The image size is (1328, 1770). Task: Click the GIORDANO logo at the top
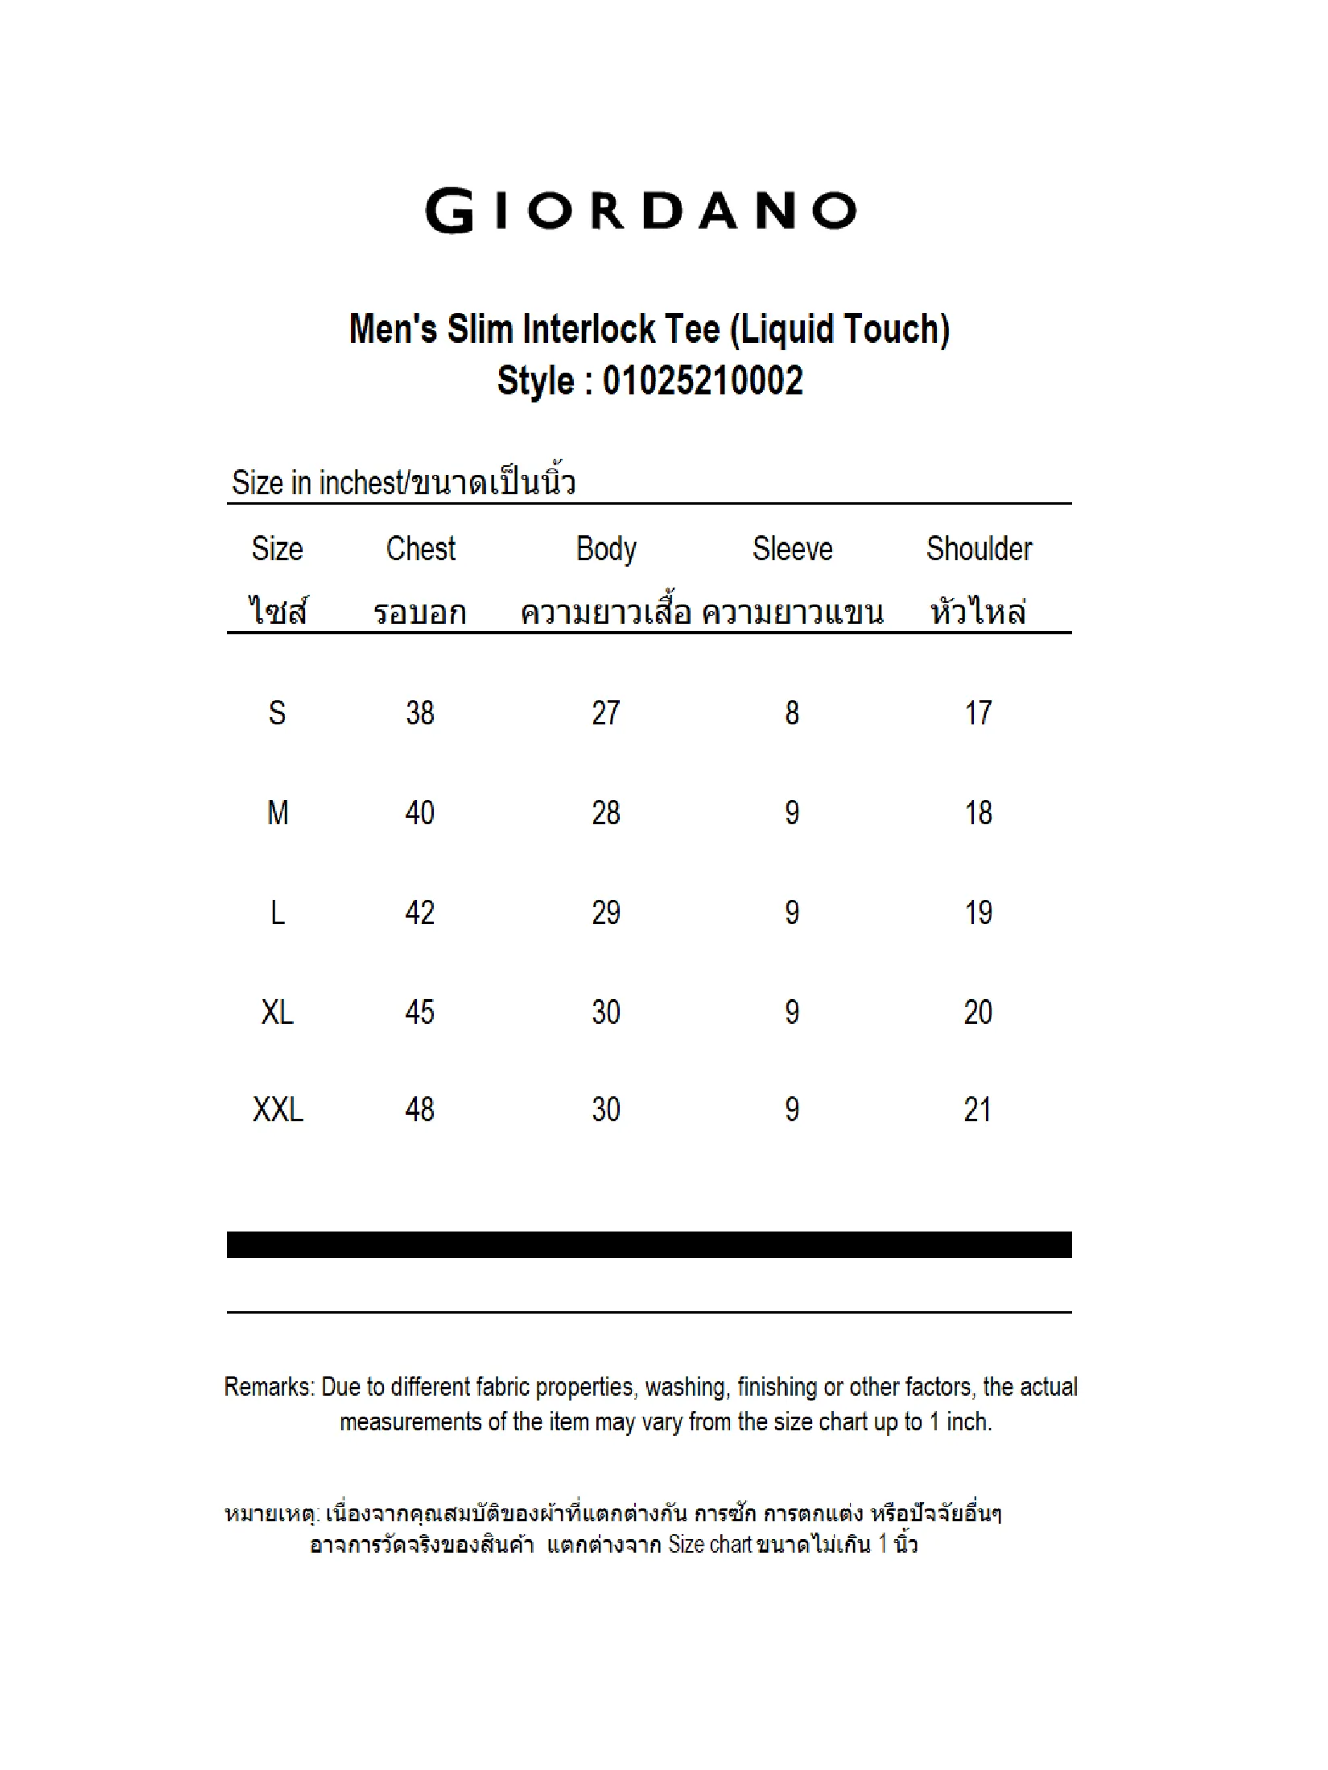[641, 211]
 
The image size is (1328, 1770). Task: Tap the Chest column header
[420, 549]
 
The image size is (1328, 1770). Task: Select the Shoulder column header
[979, 549]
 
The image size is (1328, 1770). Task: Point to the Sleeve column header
[792, 549]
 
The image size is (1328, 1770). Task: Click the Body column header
[606, 550]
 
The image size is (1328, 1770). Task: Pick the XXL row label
[278, 1110]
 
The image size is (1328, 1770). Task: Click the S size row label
[277, 713]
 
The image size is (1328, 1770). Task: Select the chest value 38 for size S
[420, 713]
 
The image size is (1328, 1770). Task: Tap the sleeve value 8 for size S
[792, 713]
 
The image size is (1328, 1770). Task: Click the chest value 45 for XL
[420, 1013]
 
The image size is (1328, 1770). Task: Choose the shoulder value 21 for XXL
[978, 1110]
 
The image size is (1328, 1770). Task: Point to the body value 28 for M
[606, 813]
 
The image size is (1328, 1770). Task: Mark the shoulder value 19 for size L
[979, 913]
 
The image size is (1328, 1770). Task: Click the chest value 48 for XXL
[420, 1110]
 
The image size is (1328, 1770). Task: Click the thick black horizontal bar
[649, 1244]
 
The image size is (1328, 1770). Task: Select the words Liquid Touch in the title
[839, 329]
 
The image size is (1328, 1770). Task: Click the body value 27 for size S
[606, 713]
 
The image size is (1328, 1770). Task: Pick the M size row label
[278, 813]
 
